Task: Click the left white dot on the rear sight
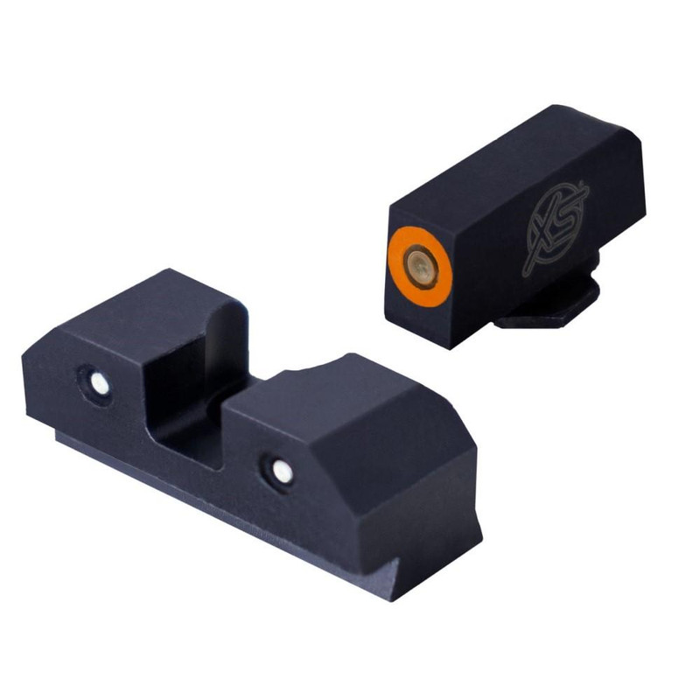(x=99, y=382)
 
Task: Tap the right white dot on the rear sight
(x=282, y=472)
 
